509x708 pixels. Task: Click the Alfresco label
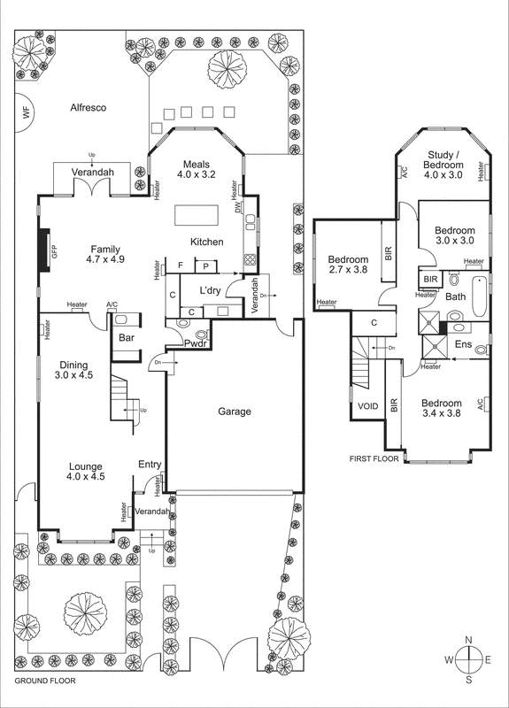(89, 108)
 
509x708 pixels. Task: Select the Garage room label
(235, 412)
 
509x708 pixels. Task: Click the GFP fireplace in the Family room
(42, 251)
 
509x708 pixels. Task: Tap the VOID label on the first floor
(367, 406)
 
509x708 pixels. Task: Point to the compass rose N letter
(469, 640)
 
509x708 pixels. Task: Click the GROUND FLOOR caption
(45, 682)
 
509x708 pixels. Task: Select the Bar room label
(127, 337)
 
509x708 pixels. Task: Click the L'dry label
(210, 290)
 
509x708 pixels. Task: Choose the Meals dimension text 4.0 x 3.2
(197, 175)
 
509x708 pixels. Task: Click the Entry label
(150, 465)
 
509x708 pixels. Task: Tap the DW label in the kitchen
(238, 207)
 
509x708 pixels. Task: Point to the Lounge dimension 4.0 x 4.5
(87, 477)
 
